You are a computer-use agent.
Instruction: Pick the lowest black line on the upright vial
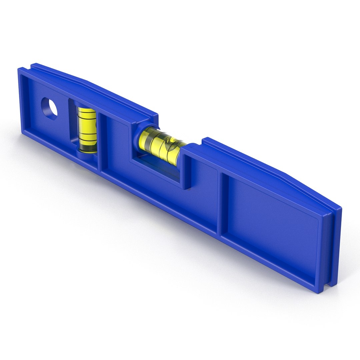point(87,140)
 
